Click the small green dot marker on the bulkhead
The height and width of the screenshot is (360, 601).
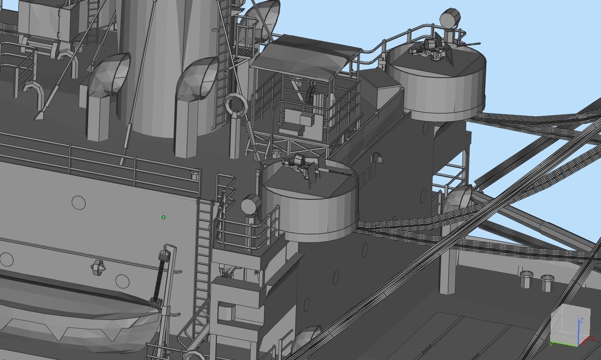164,217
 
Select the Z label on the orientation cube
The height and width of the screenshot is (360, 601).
582,320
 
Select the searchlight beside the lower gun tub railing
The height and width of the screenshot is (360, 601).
250,206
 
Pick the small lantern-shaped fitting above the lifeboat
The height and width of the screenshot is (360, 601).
98,268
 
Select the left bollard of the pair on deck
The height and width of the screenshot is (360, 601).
527,279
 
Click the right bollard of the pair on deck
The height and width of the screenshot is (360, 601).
547,283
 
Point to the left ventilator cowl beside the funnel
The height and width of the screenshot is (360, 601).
108,75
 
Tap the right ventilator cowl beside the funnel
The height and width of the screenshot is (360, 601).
198,80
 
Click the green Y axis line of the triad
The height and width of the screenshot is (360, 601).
564,344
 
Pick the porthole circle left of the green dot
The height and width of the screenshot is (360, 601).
79,203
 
